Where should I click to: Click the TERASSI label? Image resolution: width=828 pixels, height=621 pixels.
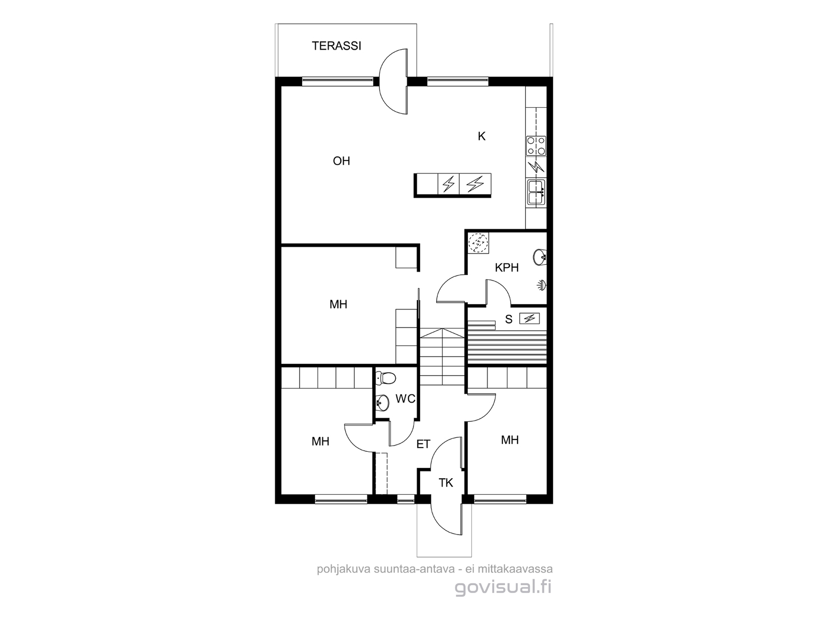[336, 46]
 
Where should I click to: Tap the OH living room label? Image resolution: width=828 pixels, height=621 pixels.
[342, 161]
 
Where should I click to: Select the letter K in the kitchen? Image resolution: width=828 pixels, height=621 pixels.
[481, 136]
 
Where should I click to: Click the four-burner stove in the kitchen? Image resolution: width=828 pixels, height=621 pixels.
[536, 146]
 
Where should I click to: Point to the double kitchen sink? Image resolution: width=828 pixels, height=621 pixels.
[536, 193]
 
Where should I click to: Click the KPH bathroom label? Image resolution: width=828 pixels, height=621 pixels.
[507, 268]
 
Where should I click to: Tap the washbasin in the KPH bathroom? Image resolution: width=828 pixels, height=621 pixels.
[539, 258]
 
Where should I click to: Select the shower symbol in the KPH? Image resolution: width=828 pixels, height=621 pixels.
[542, 286]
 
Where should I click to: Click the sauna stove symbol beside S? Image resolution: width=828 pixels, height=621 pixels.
[529, 319]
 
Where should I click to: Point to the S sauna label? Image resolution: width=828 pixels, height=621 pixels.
[509, 319]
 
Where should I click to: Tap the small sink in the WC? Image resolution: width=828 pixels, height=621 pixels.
[382, 403]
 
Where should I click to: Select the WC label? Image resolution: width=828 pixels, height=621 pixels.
[405, 398]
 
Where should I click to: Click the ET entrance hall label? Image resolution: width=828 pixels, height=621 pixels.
[423, 444]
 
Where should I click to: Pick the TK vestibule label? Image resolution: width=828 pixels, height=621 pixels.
[446, 483]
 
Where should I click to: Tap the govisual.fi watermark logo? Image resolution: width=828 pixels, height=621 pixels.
[503, 588]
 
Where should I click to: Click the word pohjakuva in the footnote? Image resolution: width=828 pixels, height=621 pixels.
[344, 569]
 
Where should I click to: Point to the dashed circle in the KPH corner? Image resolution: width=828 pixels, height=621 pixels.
[478, 243]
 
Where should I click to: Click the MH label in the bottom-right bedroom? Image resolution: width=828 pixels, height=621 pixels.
[510, 440]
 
